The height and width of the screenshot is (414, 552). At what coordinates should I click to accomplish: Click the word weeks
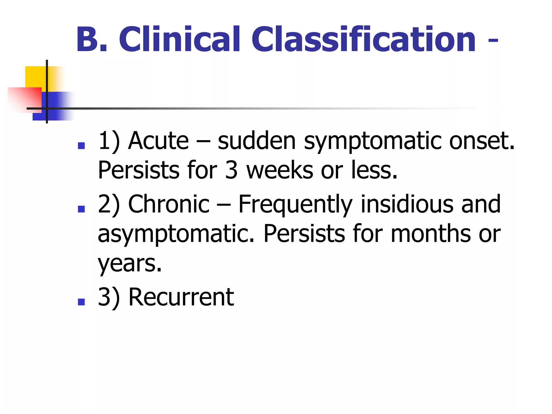coord(280,170)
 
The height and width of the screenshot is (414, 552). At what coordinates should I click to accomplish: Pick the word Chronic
coord(169,204)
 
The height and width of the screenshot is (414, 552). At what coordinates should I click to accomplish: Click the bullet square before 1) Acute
coord(81,146)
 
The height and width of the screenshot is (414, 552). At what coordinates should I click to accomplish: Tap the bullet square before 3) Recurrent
coord(81,302)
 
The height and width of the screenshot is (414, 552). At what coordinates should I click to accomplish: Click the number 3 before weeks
coord(231,170)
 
